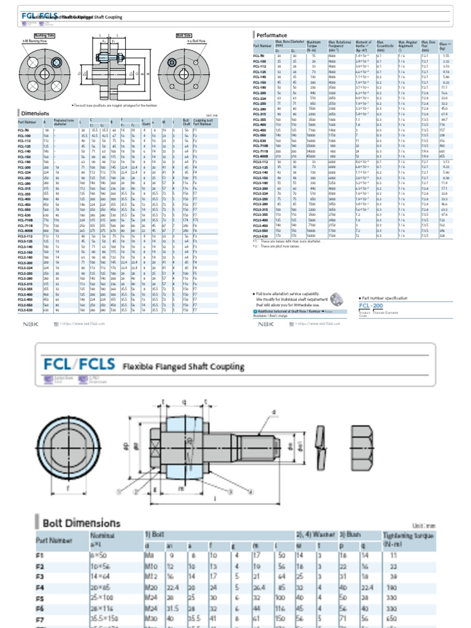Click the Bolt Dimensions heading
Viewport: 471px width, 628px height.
click(x=81, y=523)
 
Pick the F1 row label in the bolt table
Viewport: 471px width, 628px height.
click(x=40, y=555)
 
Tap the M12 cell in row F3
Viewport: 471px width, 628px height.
click(x=151, y=576)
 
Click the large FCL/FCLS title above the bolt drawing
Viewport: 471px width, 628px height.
click(x=78, y=365)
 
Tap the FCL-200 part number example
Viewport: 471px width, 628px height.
click(x=371, y=305)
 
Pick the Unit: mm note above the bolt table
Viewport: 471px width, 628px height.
click(x=424, y=526)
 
